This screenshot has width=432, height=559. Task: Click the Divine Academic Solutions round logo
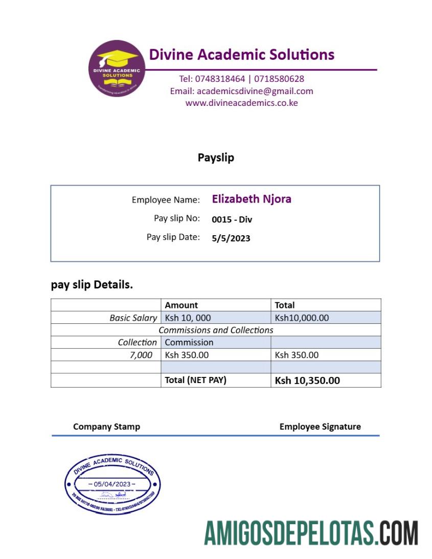(117, 69)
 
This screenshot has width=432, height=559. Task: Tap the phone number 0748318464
(220, 79)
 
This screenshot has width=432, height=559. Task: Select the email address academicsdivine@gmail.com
(255, 91)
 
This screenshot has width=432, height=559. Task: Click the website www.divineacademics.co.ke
(241, 103)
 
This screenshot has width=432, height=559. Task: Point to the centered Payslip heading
(216, 158)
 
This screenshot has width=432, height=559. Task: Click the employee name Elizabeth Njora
(252, 199)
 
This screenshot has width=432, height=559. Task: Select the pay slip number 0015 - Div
(232, 219)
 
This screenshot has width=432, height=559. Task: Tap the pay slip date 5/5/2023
(231, 238)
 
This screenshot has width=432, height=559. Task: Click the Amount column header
(181, 305)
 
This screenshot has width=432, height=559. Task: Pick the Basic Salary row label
(133, 318)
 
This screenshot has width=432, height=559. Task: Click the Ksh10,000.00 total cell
(302, 318)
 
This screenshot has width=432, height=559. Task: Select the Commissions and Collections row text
(216, 330)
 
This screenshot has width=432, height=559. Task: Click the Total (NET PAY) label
(195, 380)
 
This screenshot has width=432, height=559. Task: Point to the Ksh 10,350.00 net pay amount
(307, 381)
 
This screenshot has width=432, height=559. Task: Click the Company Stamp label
(106, 427)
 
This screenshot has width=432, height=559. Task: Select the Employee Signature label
(320, 427)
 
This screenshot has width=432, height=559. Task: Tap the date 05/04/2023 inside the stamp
(112, 484)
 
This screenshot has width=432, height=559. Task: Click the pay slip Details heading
(92, 285)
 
